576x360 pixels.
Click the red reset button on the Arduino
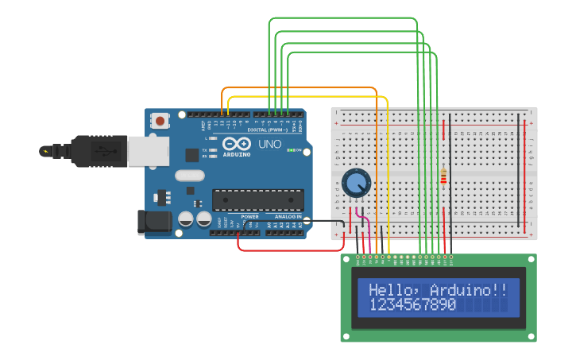(x=160, y=122)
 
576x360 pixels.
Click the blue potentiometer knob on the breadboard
(x=356, y=184)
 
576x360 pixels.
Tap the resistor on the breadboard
(x=443, y=177)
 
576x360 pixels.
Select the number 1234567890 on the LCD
(x=412, y=305)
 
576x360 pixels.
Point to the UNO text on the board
(x=269, y=145)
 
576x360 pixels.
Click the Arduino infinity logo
(x=237, y=144)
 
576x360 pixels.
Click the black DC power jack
(x=154, y=222)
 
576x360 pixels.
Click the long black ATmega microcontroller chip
(x=257, y=199)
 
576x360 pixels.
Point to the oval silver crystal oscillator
(x=190, y=176)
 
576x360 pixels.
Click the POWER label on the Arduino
(x=249, y=216)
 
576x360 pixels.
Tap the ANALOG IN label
(x=288, y=216)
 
